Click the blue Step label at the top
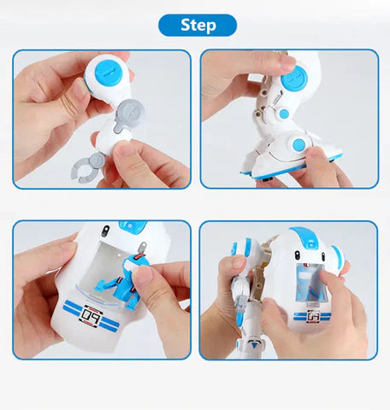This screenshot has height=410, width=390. coord(198,25)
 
